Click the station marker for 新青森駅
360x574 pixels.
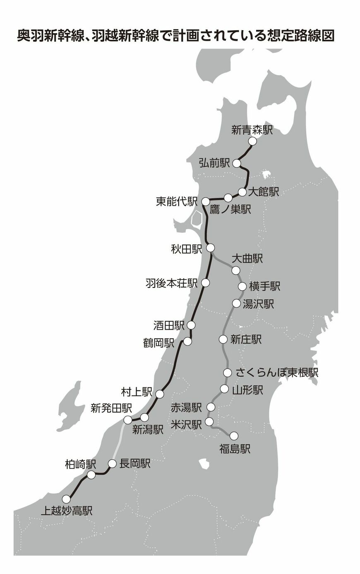pyautogui.click(x=252, y=141)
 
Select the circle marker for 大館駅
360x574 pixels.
pyautogui.click(x=243, y=192)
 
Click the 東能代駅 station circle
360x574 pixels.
pyautogui.click(x=205, y=202)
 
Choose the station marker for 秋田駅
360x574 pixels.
pyautogui.click(x=210, y=248)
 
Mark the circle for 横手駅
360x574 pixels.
pyautogui.click(x=242, y=286)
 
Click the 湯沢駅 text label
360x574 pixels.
pyautogui.click(x=259, y=304)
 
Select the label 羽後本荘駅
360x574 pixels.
pyautogui.click(x=171, y=283)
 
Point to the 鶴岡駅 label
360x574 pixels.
pyautogui.click(x=159, y=342)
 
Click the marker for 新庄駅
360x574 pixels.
pyautogui.click(x=223, y=340)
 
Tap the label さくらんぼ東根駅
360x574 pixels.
pyautogui.click(x=277, y=372)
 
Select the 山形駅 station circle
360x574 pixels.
pyautogui.click(x=224, y=389)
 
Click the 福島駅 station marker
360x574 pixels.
pyautogui.click(x=234, y=435)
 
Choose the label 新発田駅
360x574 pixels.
pyautogui.click(x=111, y=409)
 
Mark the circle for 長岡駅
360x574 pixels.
pyautogui.click(x=112, y=464)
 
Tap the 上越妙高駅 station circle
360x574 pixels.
pyautogui.click(x=66, y=499)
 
